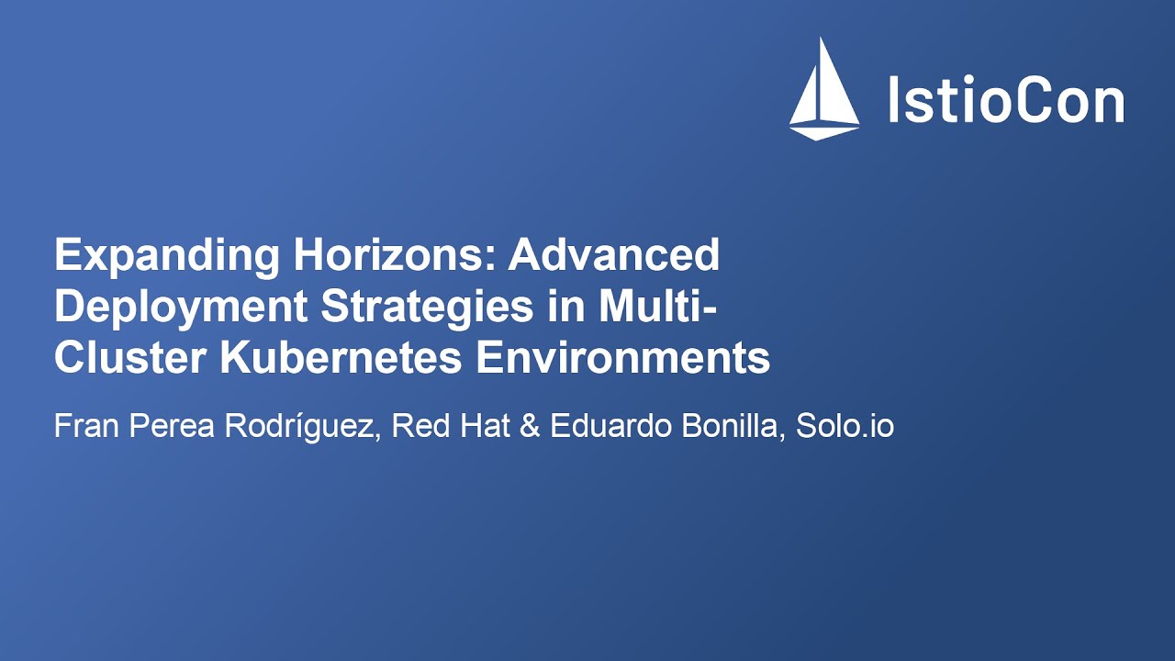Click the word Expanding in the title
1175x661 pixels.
166,255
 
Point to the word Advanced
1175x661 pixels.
614,255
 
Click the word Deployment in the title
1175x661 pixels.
180,307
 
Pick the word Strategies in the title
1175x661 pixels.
427,307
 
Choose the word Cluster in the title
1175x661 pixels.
130,358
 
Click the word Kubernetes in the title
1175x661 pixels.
341,358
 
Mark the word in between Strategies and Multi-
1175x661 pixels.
567,307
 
